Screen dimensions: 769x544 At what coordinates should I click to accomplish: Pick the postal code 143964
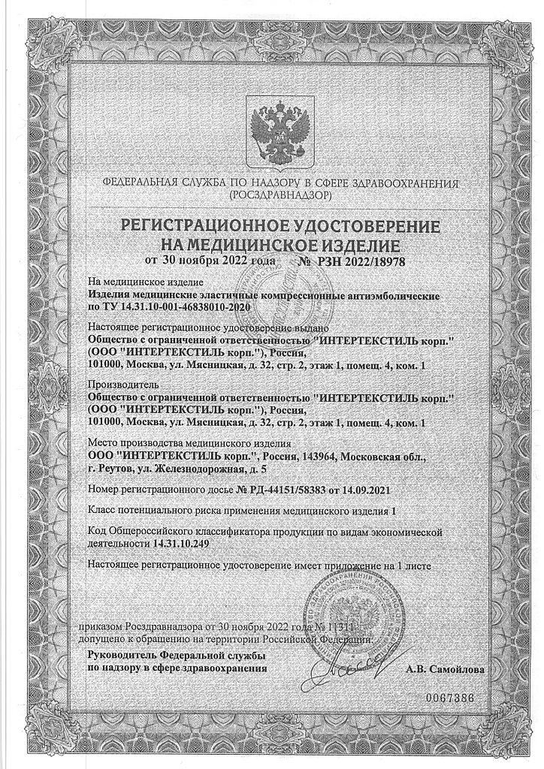coord(340,457)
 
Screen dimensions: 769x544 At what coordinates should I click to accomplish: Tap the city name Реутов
coord(117,469)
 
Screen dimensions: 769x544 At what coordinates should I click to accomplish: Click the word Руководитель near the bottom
coord(121,656)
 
